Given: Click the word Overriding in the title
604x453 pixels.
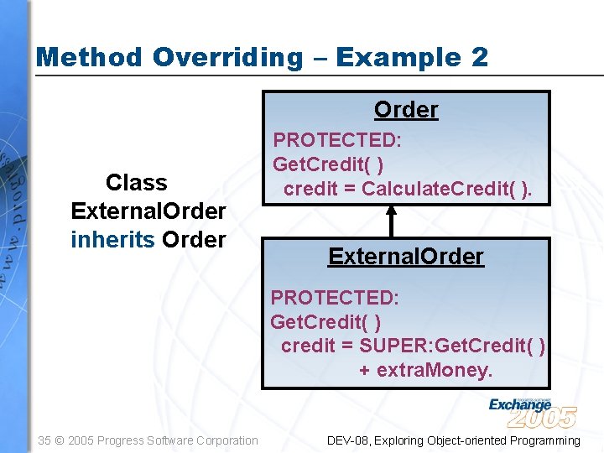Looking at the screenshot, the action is [227, 58].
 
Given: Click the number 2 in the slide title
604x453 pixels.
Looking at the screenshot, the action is [480, 57].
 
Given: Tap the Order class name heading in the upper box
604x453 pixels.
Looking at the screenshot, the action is [406, 110].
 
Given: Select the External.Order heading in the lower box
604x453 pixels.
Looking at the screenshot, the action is [406, 257].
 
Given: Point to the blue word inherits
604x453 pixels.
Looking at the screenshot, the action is [112, 240].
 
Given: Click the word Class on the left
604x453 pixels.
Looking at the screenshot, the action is [137, 183].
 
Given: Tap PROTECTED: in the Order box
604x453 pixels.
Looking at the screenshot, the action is [339, 139].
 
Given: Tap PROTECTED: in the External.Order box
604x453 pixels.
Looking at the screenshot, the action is [335, 298].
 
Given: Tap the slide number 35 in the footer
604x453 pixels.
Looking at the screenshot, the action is [45, 440].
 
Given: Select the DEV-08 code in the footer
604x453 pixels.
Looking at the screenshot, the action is [347, 440].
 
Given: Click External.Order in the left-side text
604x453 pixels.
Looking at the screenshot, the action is [148, 211].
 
